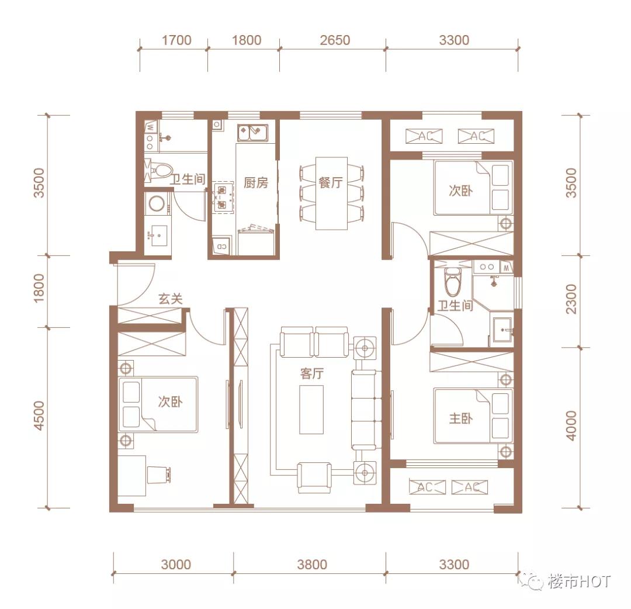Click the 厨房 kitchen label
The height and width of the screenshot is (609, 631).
256,182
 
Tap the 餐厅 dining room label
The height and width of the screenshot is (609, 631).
331,182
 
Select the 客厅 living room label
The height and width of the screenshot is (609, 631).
312,374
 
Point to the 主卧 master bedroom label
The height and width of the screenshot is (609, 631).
461,419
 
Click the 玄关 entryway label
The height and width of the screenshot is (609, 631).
171,299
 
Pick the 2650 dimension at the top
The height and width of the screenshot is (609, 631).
335,40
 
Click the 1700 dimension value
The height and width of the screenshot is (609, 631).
176,40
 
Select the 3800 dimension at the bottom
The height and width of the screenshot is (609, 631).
311,565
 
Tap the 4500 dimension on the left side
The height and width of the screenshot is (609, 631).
39,416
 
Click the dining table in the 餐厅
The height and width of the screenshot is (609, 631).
331,193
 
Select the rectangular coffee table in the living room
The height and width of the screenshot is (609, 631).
311,409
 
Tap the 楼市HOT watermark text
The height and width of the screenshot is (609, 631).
578,582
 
